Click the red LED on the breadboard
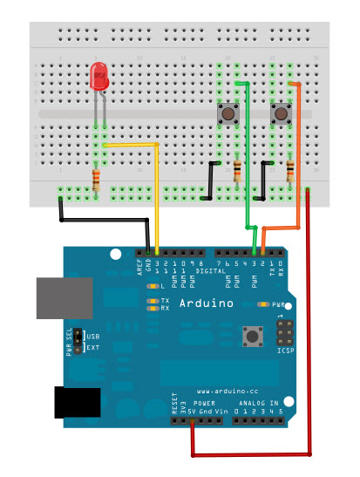coord(99,79)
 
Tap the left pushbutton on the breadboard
coord(228,113)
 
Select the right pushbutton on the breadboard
coord(282,113)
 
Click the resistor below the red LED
coord(96,181)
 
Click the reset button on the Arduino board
coord(254,336)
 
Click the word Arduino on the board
coord(207,304)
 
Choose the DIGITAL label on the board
coord(208,272)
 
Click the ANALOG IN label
coord(260,404)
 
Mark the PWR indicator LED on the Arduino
coord(262,305)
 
